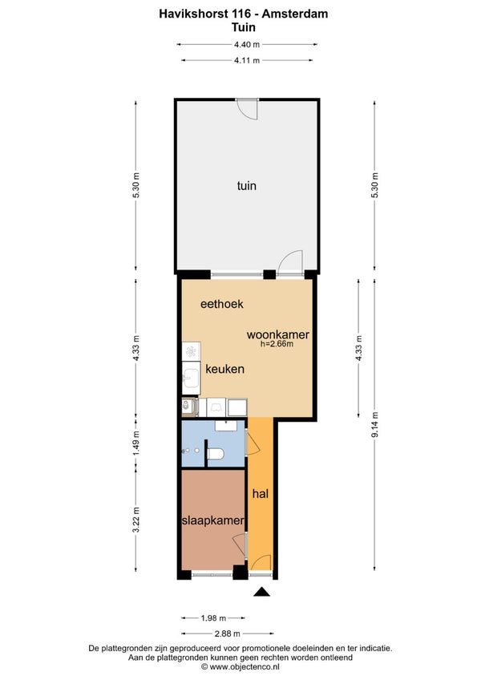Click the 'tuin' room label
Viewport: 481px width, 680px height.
[246, 186]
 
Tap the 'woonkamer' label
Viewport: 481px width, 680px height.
[278, 335]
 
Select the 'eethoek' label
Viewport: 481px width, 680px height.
[221, 304]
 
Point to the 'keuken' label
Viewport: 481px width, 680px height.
[224, 369]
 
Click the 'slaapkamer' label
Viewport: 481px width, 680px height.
[213, 520]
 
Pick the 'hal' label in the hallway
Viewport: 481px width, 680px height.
[261, 493]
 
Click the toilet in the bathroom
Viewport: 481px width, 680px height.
[215, 454]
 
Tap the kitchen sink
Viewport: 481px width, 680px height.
[191, 378]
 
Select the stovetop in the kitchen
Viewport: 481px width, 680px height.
[191, 351]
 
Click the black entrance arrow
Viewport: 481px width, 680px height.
[261, 592]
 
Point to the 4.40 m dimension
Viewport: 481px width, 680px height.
[247, 44]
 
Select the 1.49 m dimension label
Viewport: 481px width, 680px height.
[136, 443]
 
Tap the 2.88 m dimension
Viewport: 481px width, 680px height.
[227, 633]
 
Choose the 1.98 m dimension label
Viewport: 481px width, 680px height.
[213, 618]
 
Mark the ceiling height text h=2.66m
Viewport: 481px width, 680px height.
[277, 344]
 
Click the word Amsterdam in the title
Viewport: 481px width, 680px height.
[295, 14]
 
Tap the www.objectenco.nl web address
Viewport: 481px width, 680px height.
[240, 667]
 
